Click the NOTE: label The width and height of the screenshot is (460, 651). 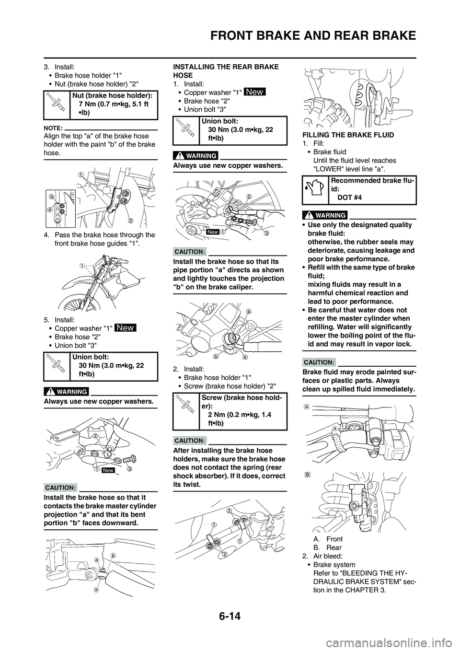tap(52, 128)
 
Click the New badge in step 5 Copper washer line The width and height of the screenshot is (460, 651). tap(126, 328)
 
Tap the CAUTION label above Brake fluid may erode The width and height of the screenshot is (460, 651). tap(319, 362)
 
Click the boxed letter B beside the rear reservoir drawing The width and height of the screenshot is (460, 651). tap(306, 474)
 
